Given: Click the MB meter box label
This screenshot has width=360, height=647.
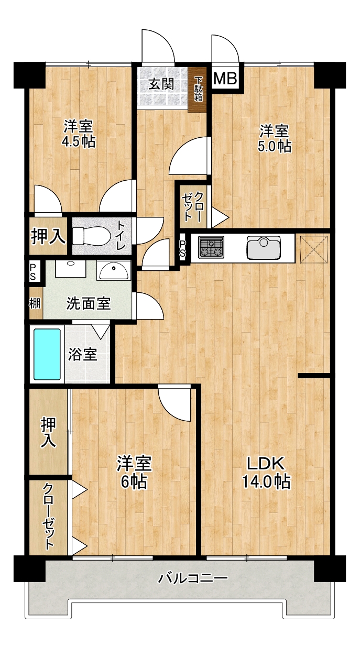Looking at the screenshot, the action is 226,78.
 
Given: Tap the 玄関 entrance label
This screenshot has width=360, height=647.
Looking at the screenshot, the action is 161,84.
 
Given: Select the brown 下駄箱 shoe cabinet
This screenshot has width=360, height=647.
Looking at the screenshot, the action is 198,90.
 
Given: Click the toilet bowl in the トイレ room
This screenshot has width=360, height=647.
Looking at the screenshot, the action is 91,236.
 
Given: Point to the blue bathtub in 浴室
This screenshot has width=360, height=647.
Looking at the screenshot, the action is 47,354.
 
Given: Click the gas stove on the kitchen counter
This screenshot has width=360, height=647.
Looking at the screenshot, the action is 211,247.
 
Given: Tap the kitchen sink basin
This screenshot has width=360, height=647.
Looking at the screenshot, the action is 264,247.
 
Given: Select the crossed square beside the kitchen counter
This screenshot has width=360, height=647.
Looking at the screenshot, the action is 314,249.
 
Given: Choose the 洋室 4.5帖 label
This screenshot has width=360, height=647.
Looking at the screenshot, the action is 79,134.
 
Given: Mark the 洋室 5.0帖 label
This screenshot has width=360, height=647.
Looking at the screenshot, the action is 275,138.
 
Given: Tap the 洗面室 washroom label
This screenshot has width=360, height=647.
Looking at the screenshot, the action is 89,303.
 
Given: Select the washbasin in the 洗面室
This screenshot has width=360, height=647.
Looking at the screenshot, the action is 113,271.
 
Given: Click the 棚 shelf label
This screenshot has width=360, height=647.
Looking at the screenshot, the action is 35,303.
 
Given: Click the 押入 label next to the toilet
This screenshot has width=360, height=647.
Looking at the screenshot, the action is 48,236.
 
